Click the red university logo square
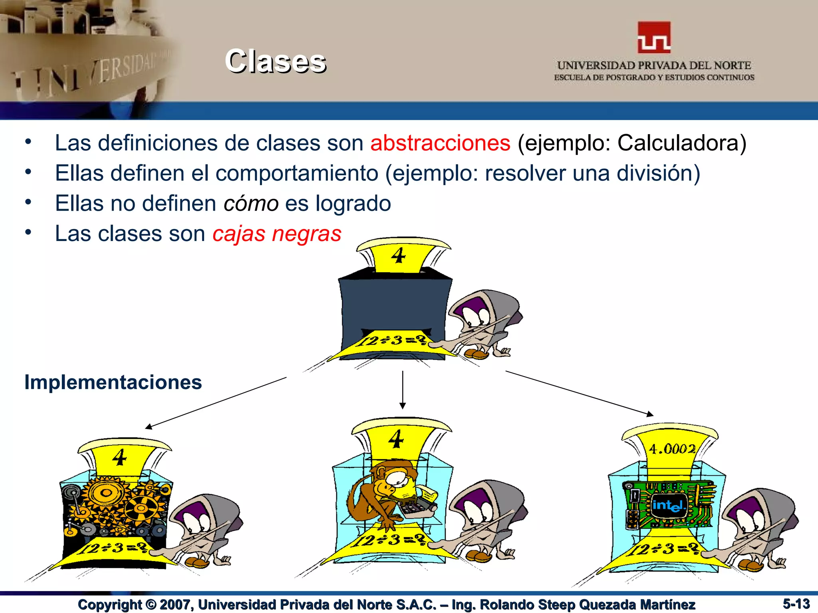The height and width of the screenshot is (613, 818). tap(654, 38)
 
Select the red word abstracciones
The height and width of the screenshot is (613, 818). tap(440, 143)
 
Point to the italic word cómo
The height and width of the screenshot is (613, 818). tap(251, 204)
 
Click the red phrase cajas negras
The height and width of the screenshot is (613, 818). tap(277, 234)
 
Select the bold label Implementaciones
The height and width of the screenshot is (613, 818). tap(113, 382)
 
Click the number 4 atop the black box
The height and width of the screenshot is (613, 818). tap(398, 255)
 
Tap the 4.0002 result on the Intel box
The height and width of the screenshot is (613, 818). tap(672, 449)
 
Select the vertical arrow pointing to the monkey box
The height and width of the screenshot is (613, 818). tap(403, 390)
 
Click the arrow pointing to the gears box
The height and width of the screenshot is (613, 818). tap(216, 402)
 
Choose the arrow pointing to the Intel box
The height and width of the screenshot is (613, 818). tap(579, 393)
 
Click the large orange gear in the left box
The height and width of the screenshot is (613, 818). tap(106, 493)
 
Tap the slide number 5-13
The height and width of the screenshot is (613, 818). tap(796, 604)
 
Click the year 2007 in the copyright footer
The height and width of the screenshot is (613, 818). tap(175, 605)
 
